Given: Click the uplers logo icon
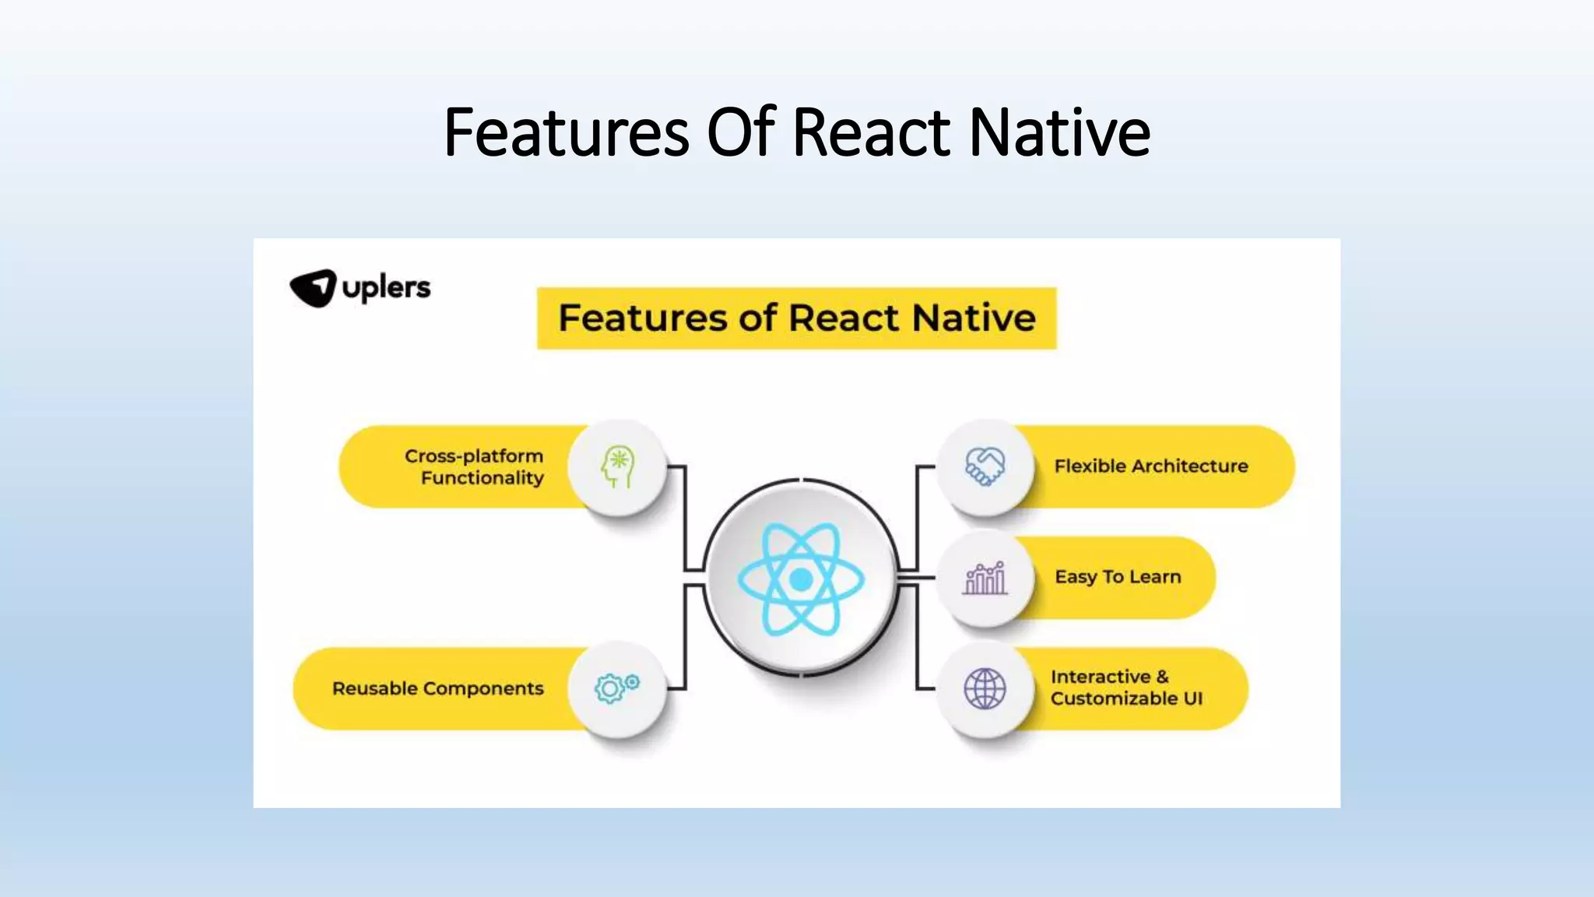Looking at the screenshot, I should point(313,288).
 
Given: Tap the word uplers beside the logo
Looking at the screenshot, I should point(386,288).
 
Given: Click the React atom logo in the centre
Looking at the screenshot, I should point(801,579).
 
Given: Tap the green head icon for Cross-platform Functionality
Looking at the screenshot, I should point(618,466).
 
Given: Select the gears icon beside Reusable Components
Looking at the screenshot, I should point(616,688).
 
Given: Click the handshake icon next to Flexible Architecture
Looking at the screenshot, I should point(985,466).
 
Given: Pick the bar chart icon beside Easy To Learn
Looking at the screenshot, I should point(985,578).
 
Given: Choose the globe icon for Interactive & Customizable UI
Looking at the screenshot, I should point(985,688).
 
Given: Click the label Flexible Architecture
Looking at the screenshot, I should point(1150,466).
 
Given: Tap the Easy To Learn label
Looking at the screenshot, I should point(1118,577).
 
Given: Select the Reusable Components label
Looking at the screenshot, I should point(437,688).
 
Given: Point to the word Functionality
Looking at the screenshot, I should point(482,478).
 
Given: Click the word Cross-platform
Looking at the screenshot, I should point(473,456).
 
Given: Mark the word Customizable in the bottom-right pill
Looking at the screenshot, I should point(1114,698).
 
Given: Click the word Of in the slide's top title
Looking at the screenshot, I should point(740,132).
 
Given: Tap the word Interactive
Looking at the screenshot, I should point(1100,677).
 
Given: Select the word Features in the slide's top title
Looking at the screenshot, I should point(567,132).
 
